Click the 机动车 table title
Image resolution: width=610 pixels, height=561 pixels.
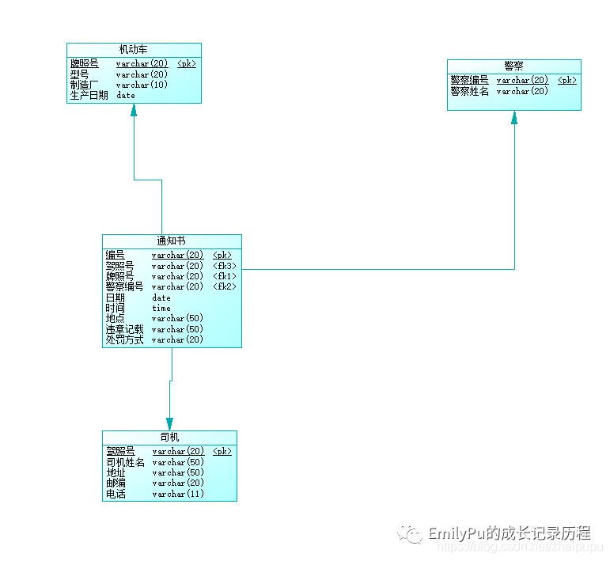coord(133,49)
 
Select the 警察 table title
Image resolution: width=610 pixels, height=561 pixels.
coord(513,66)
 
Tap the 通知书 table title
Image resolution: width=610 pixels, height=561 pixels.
coord(171,241)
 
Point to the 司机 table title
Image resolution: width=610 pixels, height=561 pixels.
coord(169,437)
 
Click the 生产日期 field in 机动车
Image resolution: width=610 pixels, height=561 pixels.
coord(89,95)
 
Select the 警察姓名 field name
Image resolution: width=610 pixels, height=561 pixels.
coord(469,91)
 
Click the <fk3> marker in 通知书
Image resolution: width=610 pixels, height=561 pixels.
coord(225,266)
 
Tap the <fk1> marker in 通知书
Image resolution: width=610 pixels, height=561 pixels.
coord(225,276)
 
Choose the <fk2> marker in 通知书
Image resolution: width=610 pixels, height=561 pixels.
coord(225,286)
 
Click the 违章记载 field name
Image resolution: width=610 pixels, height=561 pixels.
coord(125,329)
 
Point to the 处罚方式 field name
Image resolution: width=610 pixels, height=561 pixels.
coord(125,339)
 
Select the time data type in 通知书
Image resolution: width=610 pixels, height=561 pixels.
coord(161,308)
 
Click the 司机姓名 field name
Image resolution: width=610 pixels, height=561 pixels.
coord(125,462)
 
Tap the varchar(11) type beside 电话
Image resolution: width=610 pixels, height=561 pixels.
coord(178,494)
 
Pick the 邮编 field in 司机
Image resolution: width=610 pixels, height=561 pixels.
coord(116,483)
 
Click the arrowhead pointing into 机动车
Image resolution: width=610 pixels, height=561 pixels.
coord(134,110)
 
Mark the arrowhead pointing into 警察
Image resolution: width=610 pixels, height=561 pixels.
coord(514,117)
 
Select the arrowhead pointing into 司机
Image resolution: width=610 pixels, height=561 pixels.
coord(169,423)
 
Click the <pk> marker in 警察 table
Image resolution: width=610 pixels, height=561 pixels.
coord(566,80)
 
